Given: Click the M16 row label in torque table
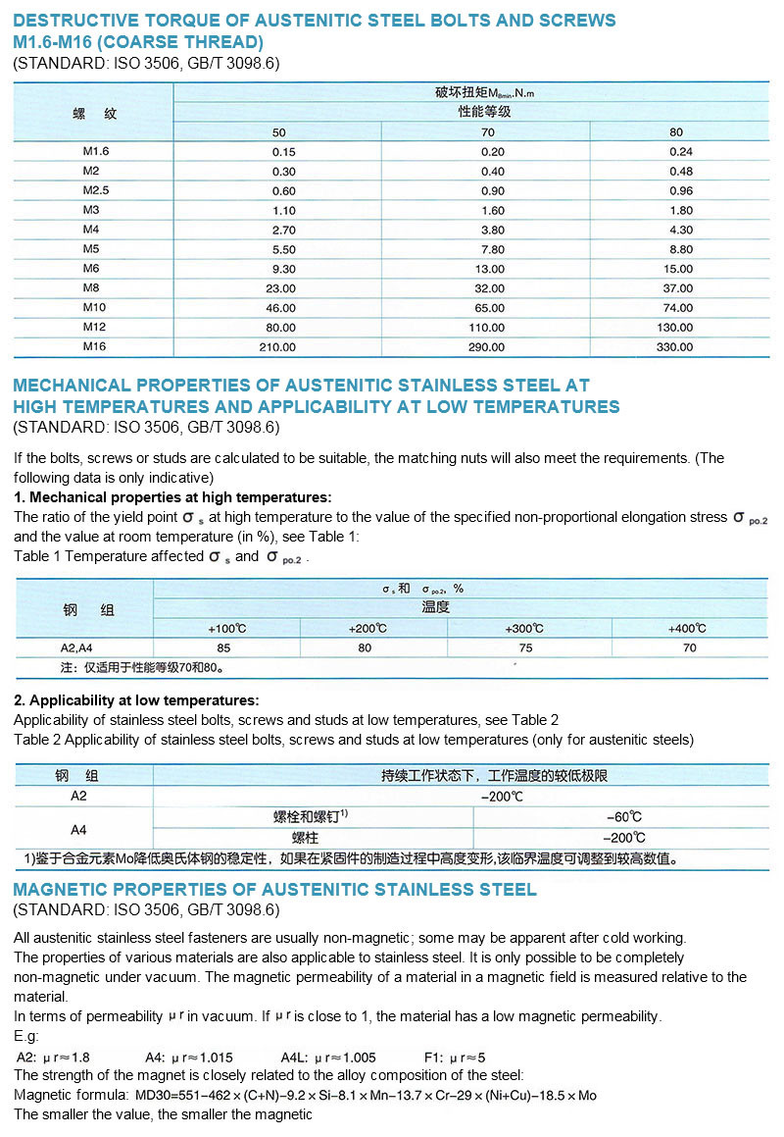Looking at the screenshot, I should click(x=94, y=347).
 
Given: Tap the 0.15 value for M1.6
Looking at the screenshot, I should click(x=283, y=151).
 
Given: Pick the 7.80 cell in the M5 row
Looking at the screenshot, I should click(x=493, y=249).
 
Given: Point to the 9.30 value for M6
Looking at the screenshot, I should click(x=283, y=269).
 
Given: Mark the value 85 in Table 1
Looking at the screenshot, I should click(x=224, y=647).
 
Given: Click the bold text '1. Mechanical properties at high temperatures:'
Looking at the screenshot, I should click(x=172, y=497).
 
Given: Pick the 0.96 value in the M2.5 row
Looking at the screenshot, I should click(x=681, y=190).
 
